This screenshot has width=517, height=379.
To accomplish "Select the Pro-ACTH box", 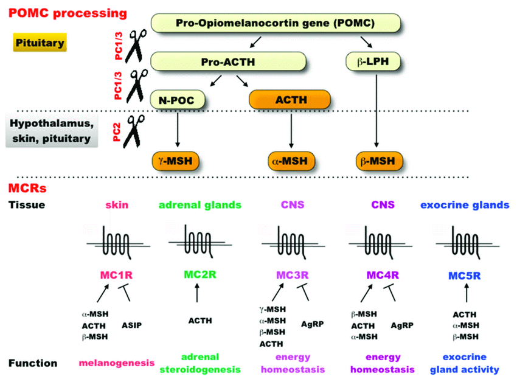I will click(x=226, y=61).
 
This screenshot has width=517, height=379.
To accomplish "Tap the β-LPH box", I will click(x=373, y=61).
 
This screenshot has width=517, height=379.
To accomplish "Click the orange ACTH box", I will click(x=290, y=99).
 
